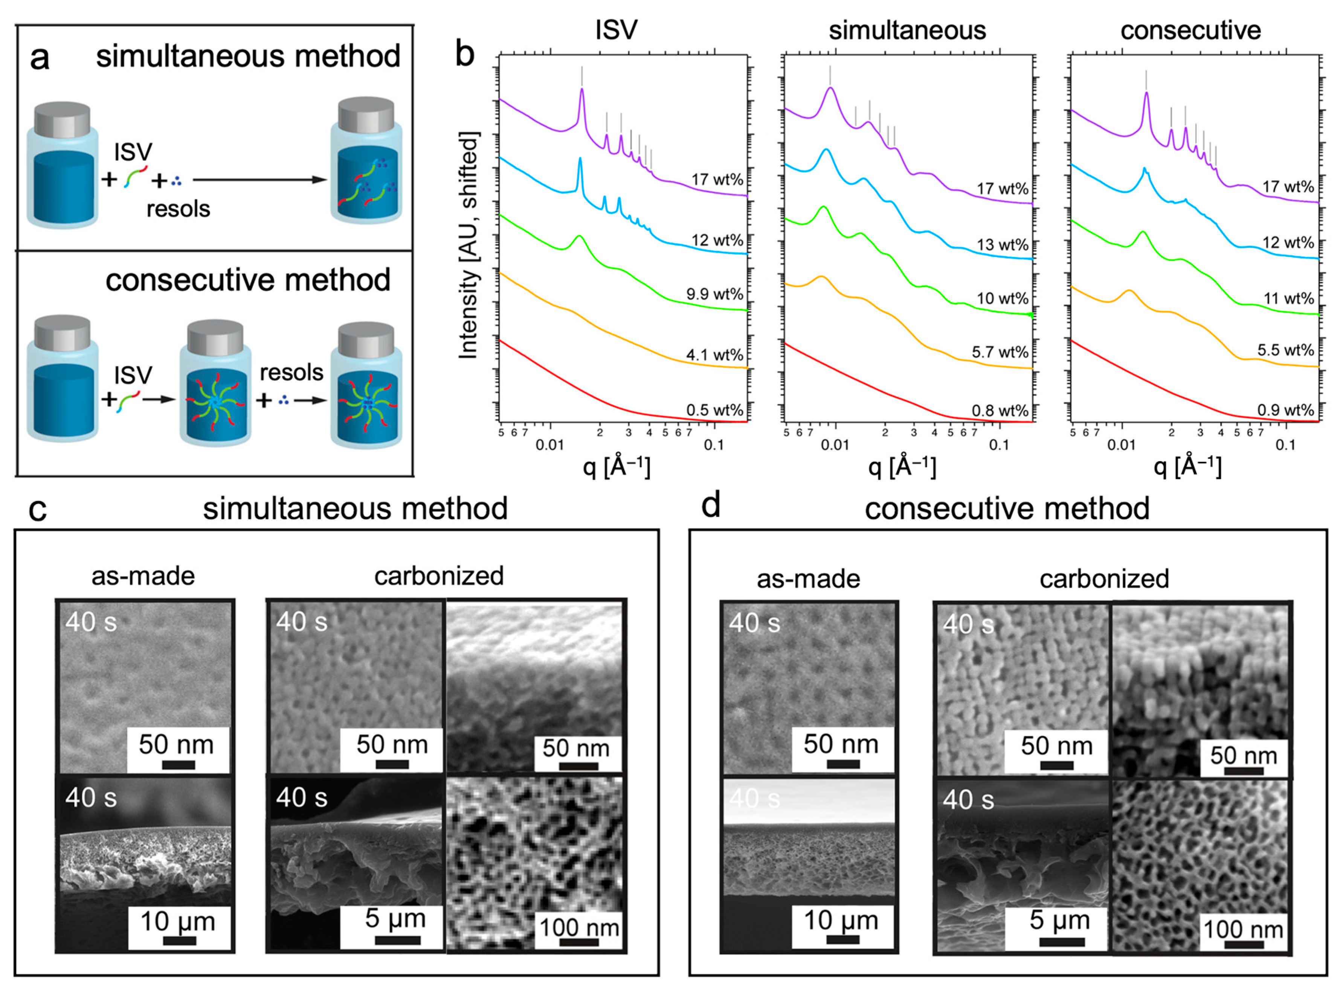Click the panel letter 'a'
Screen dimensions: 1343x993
tap(40, 59)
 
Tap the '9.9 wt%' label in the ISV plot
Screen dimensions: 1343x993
tap(714, 294)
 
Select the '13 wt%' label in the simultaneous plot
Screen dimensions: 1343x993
tap(1002, 244)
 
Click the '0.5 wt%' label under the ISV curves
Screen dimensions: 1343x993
tap(714, 410)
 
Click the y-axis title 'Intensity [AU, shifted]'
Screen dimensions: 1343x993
tap(469, 245)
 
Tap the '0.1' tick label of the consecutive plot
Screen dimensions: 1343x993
tap(1285, 445)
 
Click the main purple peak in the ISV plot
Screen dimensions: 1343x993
tap(581, 90)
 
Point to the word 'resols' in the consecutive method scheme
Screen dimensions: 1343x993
tap(291, 373)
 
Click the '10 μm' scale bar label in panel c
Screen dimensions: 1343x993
tap(178, 921)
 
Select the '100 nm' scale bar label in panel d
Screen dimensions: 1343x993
tap(1243, 930)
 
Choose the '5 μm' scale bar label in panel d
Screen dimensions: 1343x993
tap(1059, 920)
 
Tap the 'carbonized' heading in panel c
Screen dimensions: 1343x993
tap(439, 576)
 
